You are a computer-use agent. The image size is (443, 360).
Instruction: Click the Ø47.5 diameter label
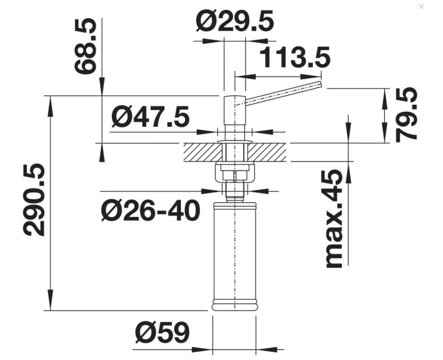point(150,117)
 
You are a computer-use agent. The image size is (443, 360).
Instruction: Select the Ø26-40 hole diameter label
point(150,210)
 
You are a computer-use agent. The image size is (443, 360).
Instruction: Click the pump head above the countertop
point(235,111)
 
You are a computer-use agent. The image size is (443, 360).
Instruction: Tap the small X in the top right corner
point(421,6)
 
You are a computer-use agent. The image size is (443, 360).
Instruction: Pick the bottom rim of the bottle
point(235,305)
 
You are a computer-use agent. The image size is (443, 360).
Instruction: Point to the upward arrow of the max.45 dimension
point(348,168)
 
